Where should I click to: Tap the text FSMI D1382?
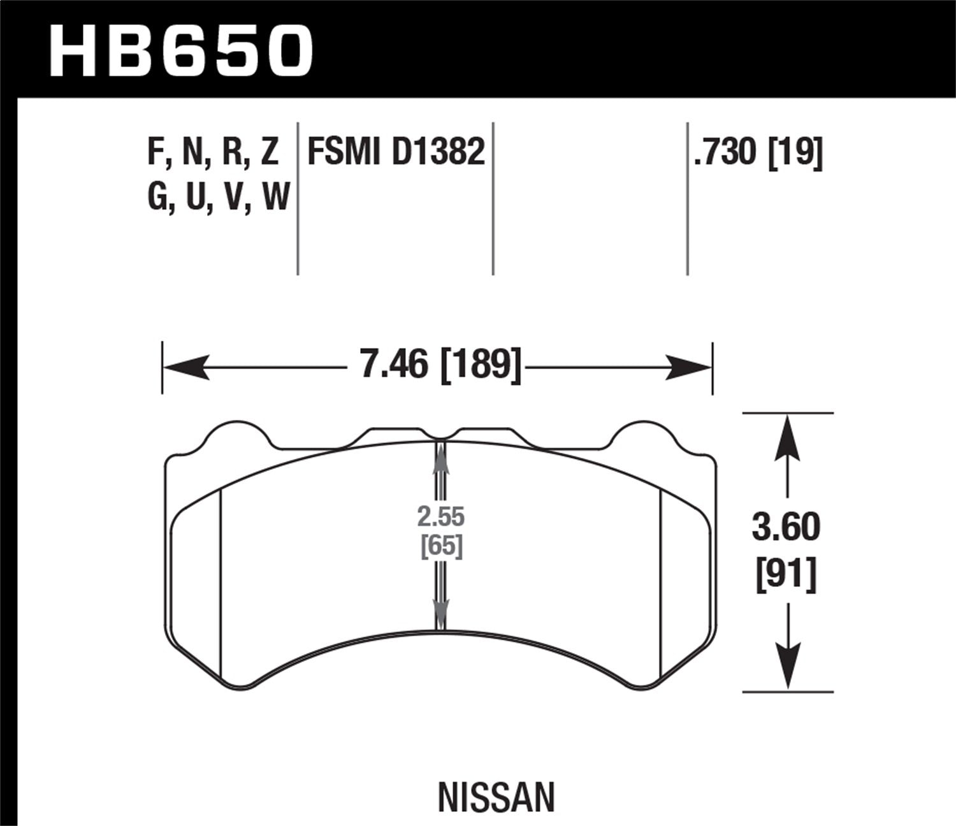coord(396,152)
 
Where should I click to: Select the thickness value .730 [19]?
coord(758,153)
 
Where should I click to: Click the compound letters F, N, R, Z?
coord(213,152)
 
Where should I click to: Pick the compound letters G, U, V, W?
coord(218,196)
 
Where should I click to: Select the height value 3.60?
coord(786,528)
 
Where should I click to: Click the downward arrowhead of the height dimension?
coord(788,666)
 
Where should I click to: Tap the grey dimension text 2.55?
coord(440,517)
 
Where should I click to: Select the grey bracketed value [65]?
coord(441,547)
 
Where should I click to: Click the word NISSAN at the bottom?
coord(496,797)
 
